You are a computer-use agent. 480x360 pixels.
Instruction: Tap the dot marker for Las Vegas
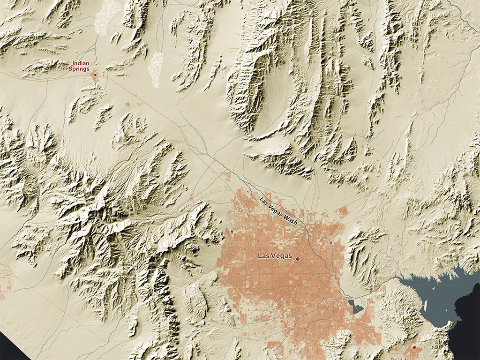[297, 258]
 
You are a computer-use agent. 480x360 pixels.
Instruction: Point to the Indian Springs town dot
[95, 75]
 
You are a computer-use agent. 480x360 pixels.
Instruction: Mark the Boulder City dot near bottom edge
[414, 347]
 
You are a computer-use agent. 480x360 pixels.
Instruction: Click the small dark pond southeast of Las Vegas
[356, 307]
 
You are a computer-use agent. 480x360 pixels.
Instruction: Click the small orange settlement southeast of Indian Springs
[128, 104]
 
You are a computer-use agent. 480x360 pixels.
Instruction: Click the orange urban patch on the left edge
[4, 281]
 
